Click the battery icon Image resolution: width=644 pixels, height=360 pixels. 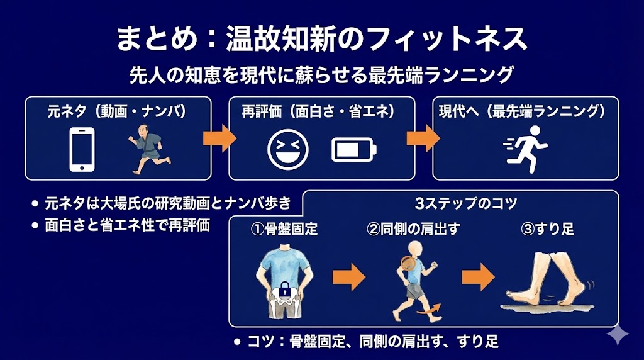[354, 149]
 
